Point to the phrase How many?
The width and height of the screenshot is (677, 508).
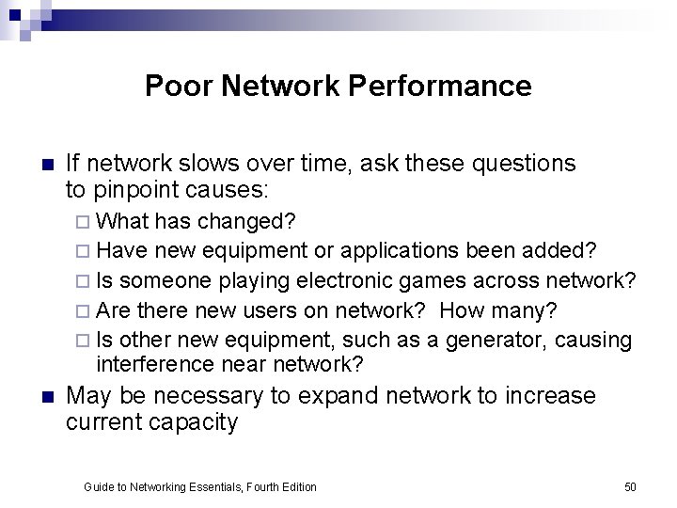497,310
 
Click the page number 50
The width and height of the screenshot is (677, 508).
630,486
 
